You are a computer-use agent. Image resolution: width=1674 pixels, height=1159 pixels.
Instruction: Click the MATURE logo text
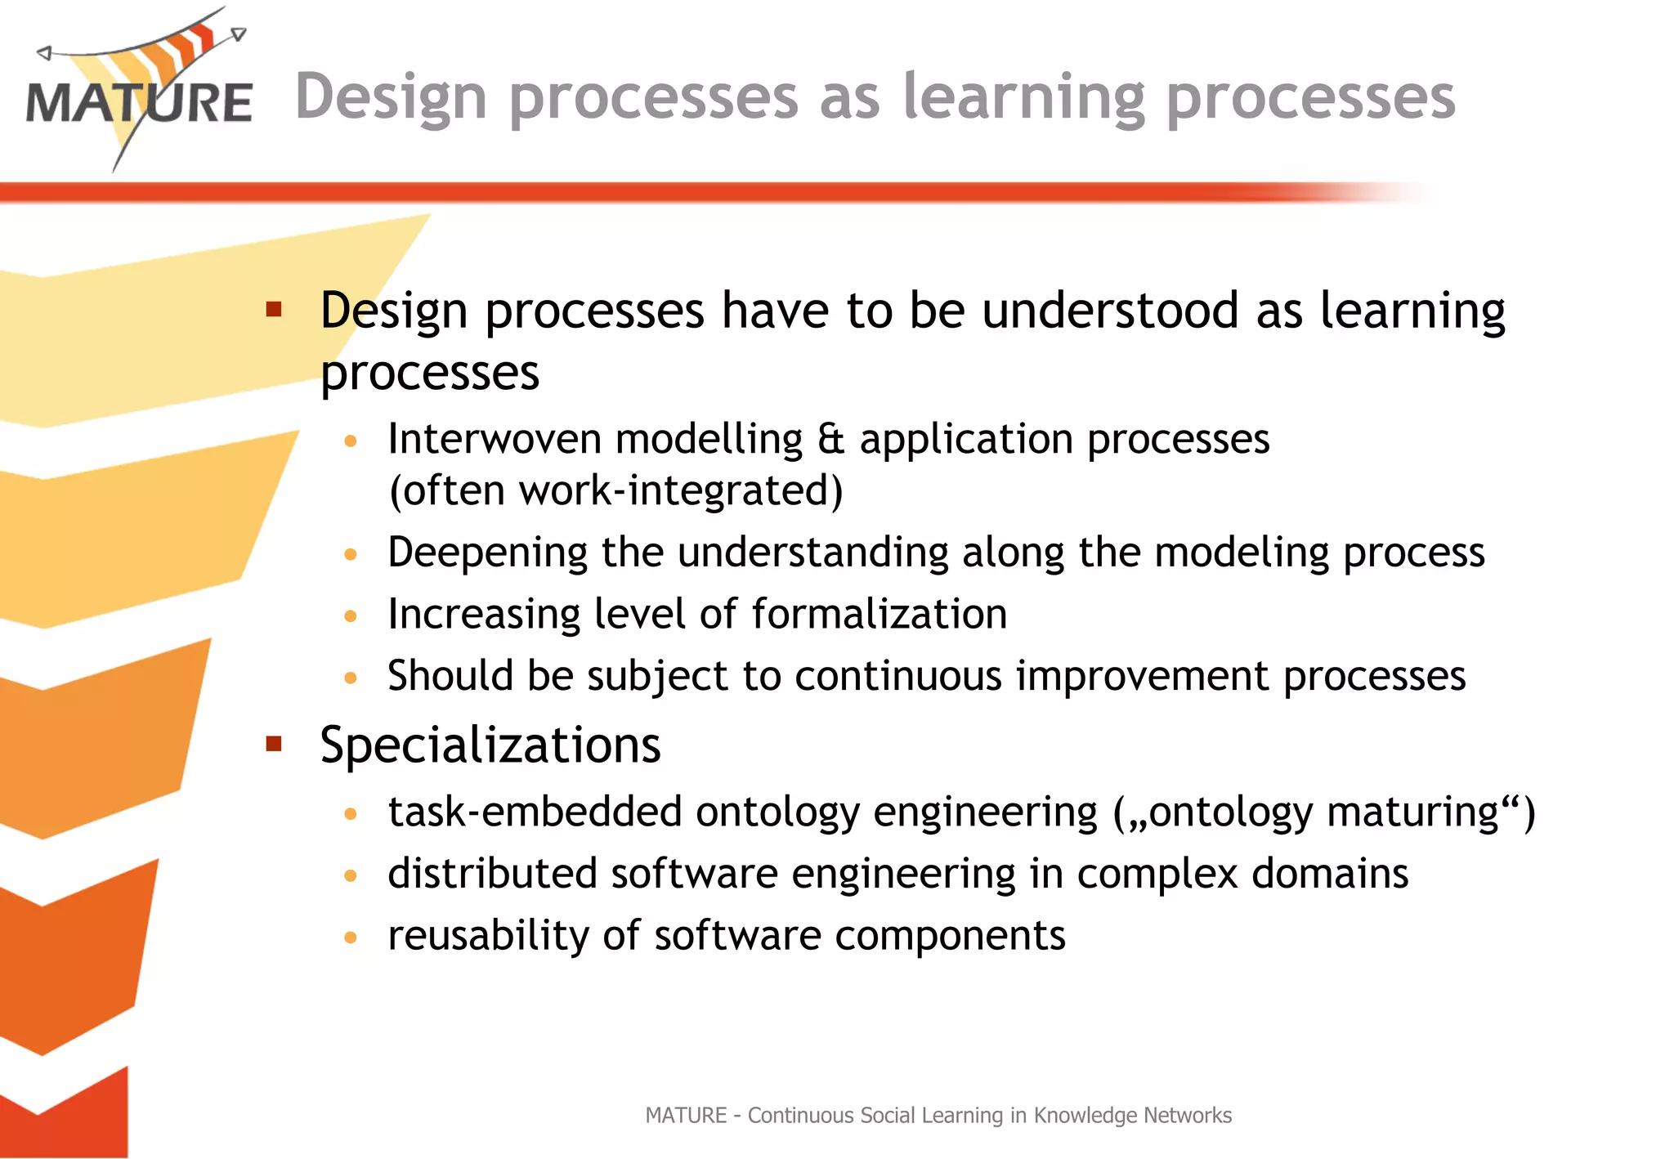pyautogui.click(x=139, y=104)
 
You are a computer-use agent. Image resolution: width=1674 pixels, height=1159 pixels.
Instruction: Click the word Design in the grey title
pyautogui.click(x=391, y=98)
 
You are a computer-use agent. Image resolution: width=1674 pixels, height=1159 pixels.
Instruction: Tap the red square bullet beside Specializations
pyautogui.click(x=274, y=744)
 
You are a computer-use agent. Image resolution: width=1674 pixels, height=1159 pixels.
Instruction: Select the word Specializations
pyautogui.click(x=490, y=745)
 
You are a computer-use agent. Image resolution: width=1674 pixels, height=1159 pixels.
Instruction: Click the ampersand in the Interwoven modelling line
pyautogui.click(x=830, y=440)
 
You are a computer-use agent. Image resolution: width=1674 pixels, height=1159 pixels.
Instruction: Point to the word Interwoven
pyautogui.click(x=495, y=440)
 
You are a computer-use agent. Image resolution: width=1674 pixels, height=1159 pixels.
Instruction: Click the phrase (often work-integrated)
pyautogui.click(x=615, y=491)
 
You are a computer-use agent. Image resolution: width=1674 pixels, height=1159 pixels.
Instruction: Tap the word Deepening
pyautogui.click(x=487, y=553)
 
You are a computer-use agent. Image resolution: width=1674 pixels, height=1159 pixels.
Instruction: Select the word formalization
pyautogui.click(x=879, y=614)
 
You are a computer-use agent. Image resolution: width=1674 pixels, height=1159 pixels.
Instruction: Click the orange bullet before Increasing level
pyautogui.click(x=351, y=615)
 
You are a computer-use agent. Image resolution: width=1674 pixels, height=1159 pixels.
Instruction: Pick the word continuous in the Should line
pyautogui.click(x=898, y=677)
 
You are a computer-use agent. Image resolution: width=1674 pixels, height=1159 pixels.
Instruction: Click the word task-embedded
pyautogui.click(x=535, y=812)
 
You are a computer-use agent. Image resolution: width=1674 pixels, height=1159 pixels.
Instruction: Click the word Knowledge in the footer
pyautogui.click(x=1085, y=1116)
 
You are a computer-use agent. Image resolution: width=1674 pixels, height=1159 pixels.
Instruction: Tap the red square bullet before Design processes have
pyautogui.click(x=274, y=309)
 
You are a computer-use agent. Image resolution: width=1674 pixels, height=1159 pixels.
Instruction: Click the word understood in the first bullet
pyautogui.click(x=1110, y=311)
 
